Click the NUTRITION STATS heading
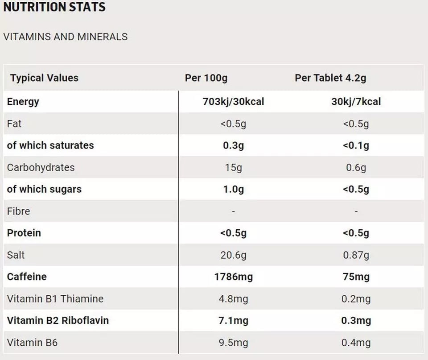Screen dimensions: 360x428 pos(54,7)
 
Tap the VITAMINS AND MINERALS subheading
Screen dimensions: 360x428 pos(66,37)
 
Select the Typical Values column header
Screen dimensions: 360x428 pos(44,78)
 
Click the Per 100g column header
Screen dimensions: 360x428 pos(206,78)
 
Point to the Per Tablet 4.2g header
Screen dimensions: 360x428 pos(330,78)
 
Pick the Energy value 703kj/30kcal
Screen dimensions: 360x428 pos(233,102)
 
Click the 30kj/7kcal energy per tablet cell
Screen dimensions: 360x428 pos(356,102)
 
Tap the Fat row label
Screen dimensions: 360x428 pos(14,124)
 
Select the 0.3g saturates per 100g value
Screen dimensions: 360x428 pos(233,145)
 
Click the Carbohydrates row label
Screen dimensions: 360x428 pos(41,167)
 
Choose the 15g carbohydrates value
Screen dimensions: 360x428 pos(233,167)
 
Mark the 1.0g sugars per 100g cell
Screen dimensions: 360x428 pos(233,189)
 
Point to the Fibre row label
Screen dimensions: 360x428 pos(18,211)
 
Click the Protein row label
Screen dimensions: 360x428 pos(24,233)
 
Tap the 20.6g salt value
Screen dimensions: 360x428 pos(233,255)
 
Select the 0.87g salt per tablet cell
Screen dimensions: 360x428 pos(356,255)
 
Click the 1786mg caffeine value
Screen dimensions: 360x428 pos(233,277)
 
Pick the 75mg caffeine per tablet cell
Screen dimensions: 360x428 pos(356,277)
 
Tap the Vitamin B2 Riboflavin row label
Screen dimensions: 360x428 pos(58,320)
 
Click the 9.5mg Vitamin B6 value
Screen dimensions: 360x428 pos(233,343)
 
